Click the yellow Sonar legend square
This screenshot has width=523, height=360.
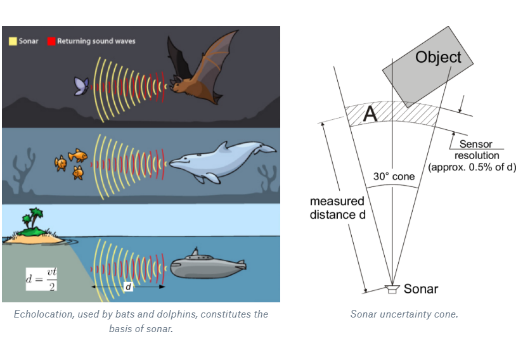point(12,41)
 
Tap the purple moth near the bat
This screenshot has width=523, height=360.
point(81,86)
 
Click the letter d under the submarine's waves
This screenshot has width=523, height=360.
point(128,287)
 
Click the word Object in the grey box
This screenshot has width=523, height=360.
point(438,58)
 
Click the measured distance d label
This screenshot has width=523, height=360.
point(337,207)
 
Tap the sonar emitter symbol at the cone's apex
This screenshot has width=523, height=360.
point(392,289)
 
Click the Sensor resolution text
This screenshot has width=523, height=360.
point(476,150)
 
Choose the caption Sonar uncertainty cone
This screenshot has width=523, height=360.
point(404,314)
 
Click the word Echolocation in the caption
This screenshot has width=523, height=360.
point(41,314)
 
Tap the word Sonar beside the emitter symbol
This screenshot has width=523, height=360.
point(421,289)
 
